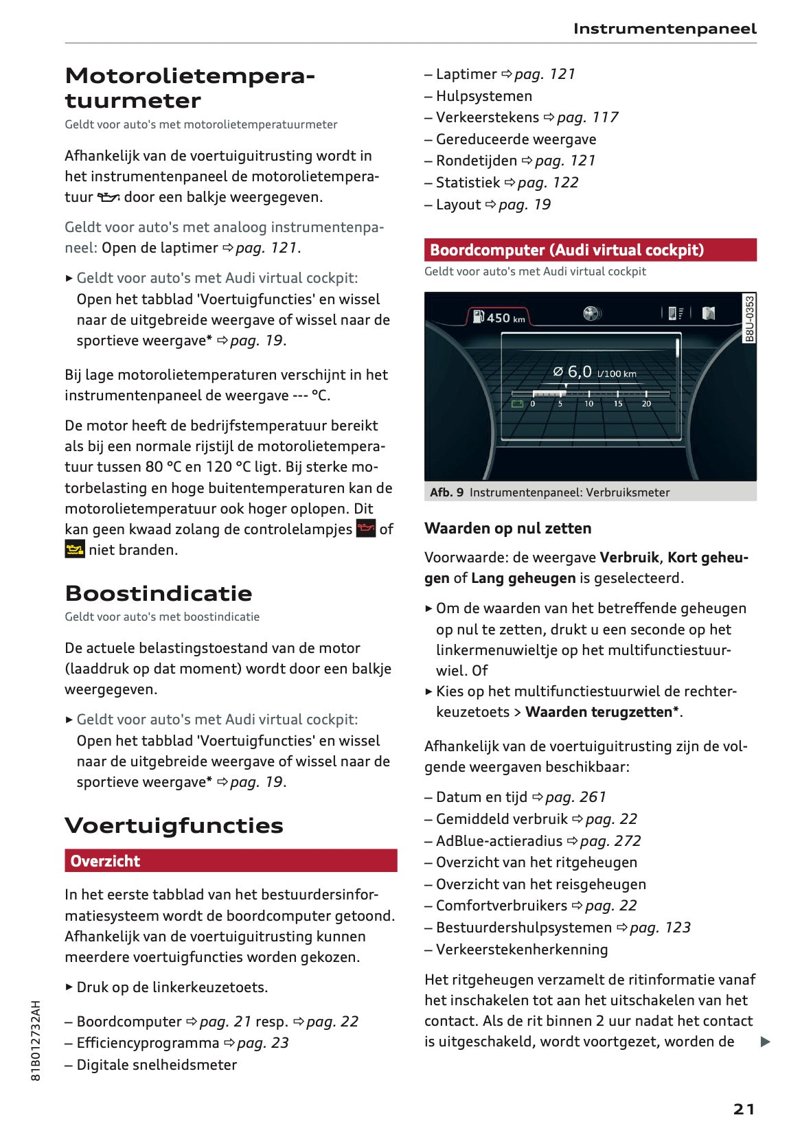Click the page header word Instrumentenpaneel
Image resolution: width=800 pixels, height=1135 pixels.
tap(664, 29)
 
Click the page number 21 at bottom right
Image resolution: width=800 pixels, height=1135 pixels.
tap(744, 1109)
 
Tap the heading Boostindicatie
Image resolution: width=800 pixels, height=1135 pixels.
tap(159, 593)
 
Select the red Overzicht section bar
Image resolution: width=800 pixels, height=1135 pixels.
tap(231, 860)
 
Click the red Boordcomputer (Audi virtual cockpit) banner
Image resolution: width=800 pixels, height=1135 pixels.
tap(590, 250)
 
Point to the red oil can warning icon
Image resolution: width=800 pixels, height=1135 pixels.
tap(366, 529)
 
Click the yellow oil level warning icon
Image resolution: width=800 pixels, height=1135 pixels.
tap(74, 549)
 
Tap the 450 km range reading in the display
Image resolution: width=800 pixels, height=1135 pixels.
tap(505, 318)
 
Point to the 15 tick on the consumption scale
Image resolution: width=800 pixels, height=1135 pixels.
tap(617, 404)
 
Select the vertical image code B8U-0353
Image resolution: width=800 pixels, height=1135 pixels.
tap(749, 318)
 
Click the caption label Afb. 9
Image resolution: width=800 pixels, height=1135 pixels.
tap(446, 492)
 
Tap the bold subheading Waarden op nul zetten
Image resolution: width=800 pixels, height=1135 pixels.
tap(507, 528)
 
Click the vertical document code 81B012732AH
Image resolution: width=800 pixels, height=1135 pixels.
tap(36, 1040)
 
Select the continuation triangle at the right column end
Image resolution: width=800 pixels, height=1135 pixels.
tap(765, 1042)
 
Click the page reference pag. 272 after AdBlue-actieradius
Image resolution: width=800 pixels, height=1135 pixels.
tap(610, 840)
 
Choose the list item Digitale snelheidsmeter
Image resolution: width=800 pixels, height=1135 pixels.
tap(157, 1064)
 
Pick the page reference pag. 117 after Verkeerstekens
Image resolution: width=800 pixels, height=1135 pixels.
tap(587, 117)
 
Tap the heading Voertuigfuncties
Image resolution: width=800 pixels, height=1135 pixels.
tap(174, 825)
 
